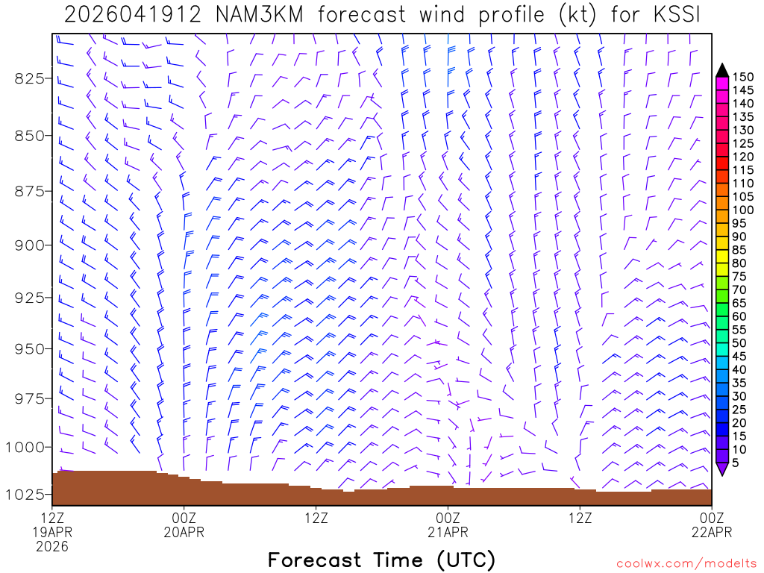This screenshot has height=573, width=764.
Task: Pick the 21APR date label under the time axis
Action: [x=448, y=532]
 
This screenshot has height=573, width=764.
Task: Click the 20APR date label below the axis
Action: [x=184, y=532]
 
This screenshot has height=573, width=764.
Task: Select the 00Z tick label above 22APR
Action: [x=711, y=517]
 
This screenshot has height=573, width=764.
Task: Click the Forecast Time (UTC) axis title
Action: [x=381, y=560]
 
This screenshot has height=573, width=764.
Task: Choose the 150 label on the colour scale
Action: [x=742, y=77]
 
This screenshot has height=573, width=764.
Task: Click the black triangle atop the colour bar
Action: [x=721, y=70]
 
